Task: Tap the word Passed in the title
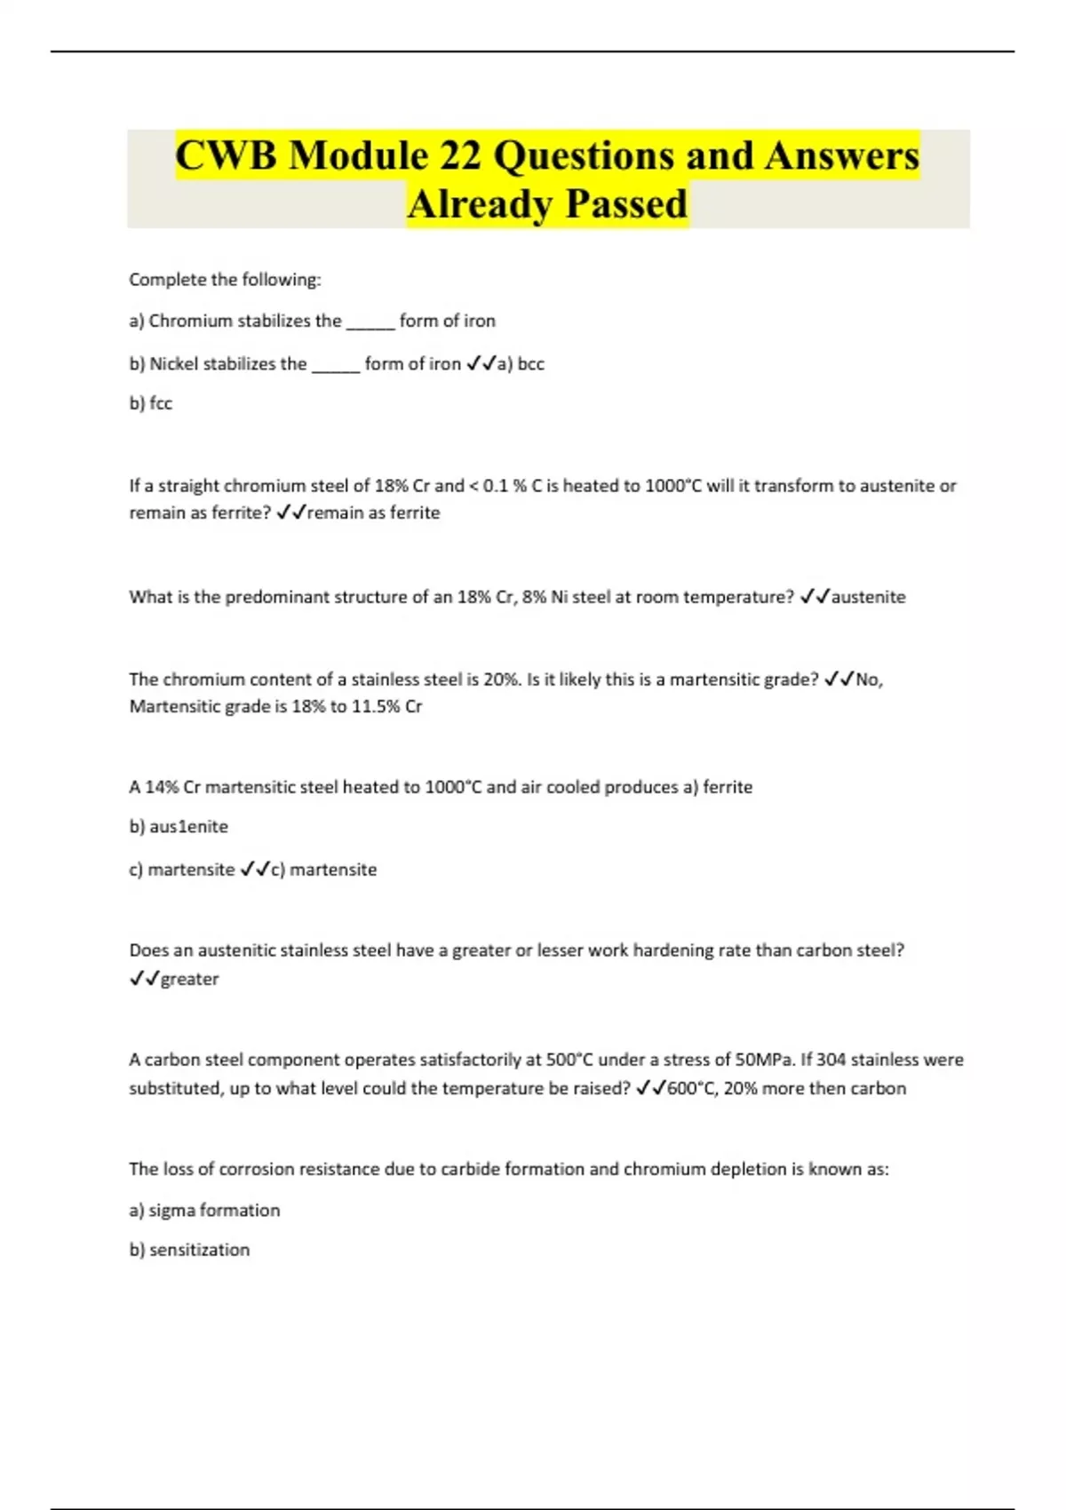click(626, 204)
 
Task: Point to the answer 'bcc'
click(531, 363)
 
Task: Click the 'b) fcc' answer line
click(151, 403)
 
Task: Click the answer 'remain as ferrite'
click(373, 513)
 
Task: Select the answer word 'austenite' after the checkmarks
click(868, 597)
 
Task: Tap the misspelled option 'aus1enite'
click(188, 827)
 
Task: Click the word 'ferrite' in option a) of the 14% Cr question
click(728, 787)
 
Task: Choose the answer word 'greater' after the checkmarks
click(189, 979)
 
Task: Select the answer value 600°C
click(690, 1088)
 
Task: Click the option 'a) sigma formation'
click(204, 1210)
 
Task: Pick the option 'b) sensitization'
click(189, 1250)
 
